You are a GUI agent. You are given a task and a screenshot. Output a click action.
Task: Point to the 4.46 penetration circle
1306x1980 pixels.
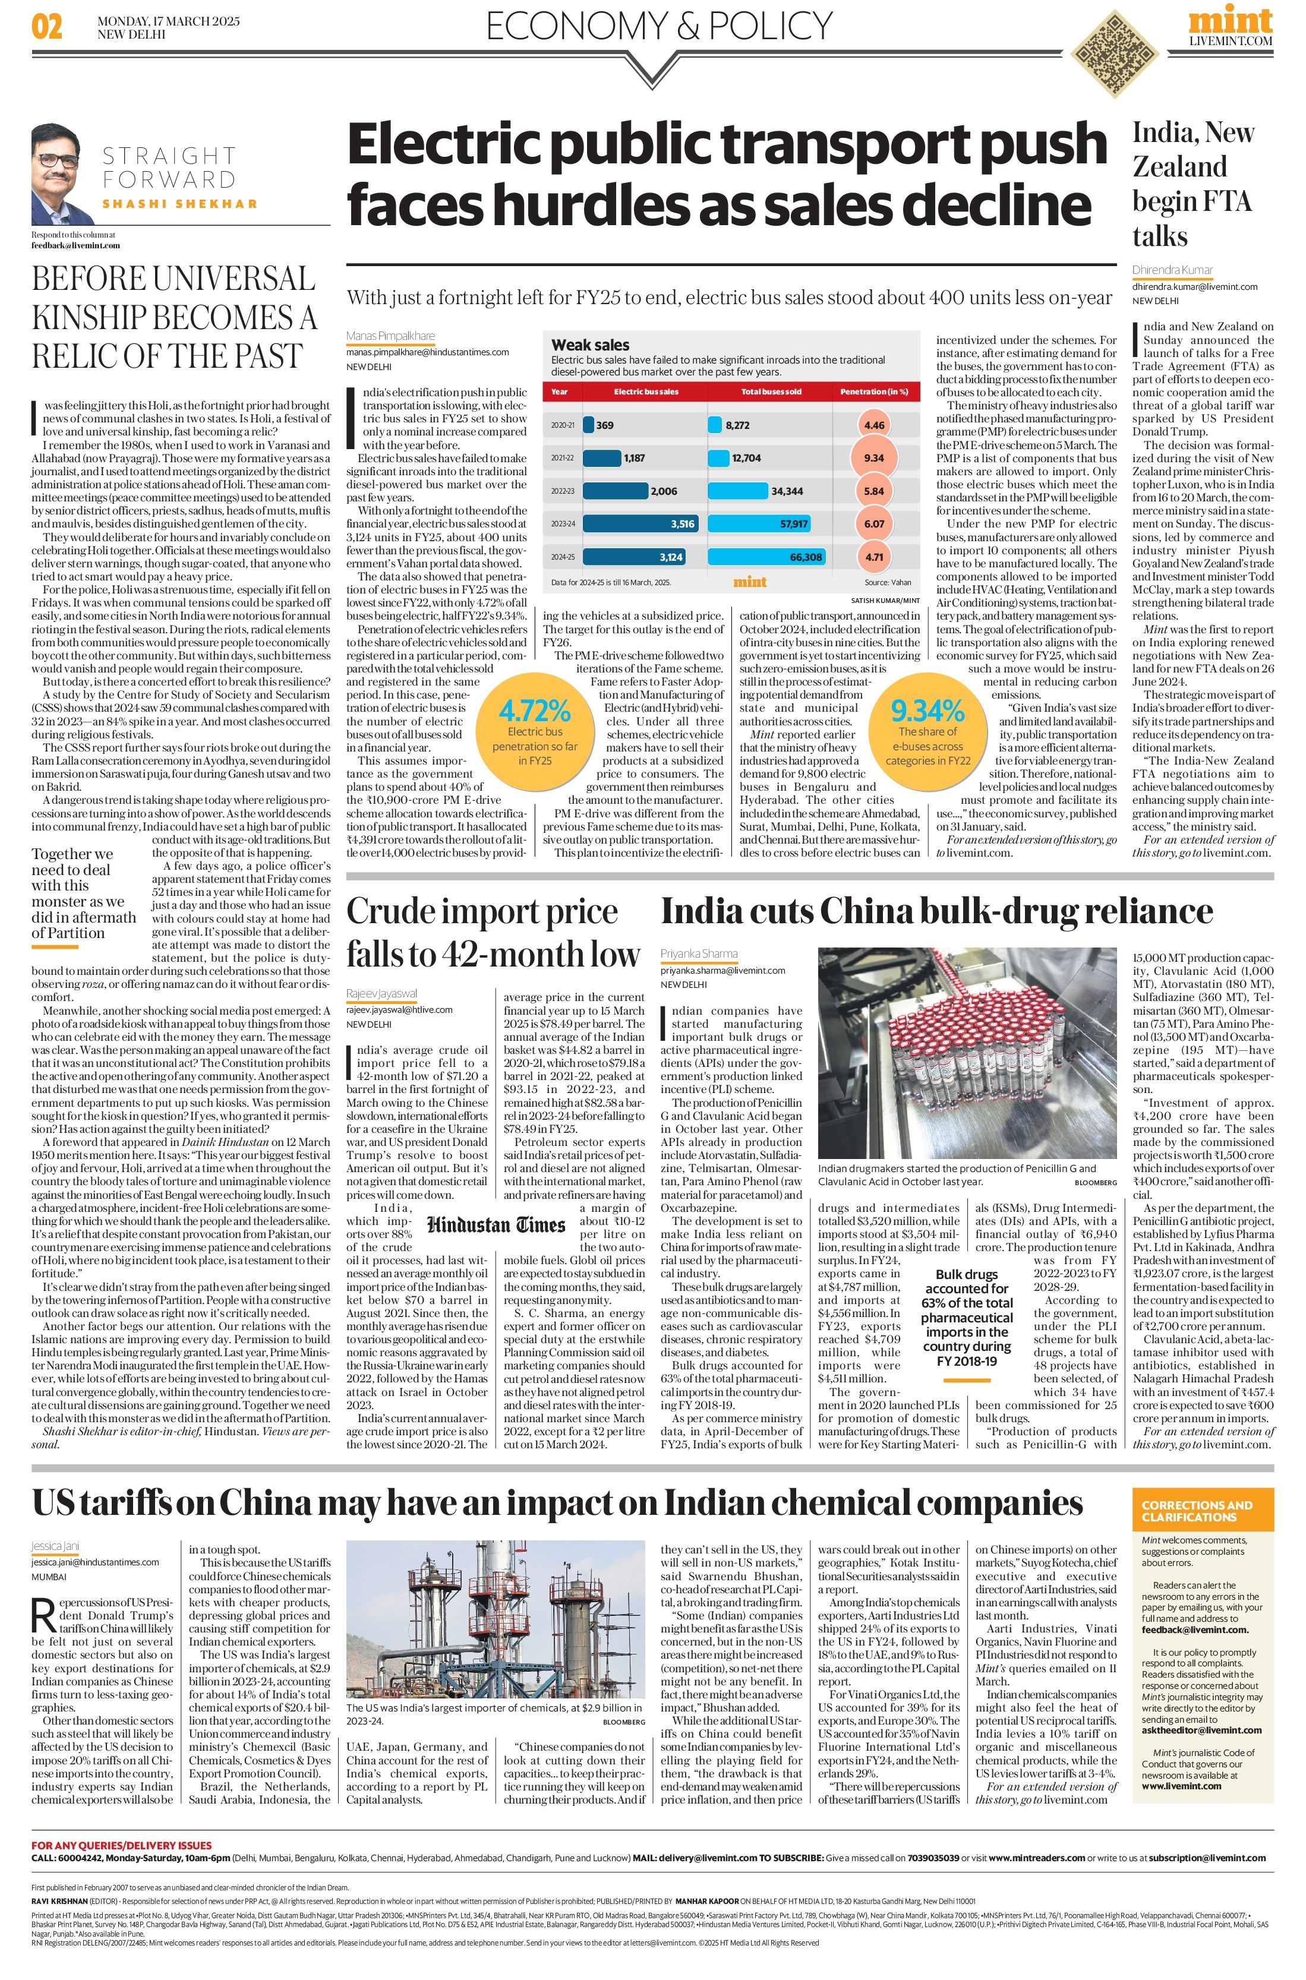[873, 425]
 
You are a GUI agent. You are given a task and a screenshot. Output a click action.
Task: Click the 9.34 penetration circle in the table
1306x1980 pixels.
[873, 458]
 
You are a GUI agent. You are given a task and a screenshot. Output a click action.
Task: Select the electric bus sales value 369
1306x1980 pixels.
[605, 425]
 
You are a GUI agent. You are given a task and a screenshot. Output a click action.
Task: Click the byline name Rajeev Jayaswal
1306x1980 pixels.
[381, 993]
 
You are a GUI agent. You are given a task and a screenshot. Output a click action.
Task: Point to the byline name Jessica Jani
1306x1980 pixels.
[55, 1545]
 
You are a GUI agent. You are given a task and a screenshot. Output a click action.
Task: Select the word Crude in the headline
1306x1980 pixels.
[390, 912]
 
